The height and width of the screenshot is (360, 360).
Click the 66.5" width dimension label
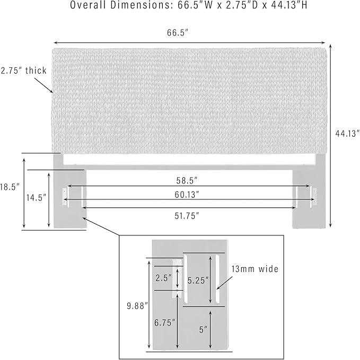tap(177, 32)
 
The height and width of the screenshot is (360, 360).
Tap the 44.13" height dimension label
tap(347, 134)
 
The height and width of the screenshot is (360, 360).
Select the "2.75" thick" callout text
tap(23, 71)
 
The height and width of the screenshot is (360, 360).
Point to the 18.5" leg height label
tap(10, 187)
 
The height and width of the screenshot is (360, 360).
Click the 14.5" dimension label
tap(36, 197)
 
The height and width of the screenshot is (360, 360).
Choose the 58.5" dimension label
tap(187, 181)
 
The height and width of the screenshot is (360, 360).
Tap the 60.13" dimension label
tap(187, 195)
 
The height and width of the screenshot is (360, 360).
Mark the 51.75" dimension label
tap(187, 216)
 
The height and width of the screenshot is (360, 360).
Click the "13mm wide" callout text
tap(254, 269)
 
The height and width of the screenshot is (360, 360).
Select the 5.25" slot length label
tap(198, 280)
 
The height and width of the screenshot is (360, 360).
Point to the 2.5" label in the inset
tap(163, 278)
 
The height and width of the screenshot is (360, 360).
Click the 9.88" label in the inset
tap(137, 306)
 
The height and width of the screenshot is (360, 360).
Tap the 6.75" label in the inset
tap(164, 323)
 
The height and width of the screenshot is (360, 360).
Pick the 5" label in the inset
tap(203, 330)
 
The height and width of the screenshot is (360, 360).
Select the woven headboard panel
tap(189, 101)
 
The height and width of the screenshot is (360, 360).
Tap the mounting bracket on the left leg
tap(65, 197)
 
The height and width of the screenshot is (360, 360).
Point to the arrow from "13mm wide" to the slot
tap(224, 283)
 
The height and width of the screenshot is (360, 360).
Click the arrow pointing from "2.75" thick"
tap(44, 85)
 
